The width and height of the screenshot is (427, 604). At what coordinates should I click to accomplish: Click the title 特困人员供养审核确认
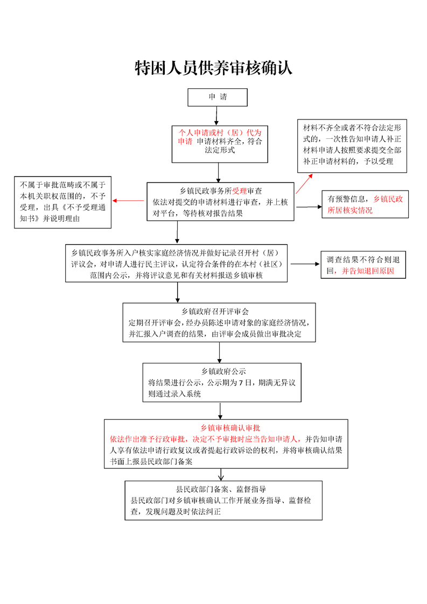tap(213, 68)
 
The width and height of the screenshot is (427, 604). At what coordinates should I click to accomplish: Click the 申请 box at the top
tap(218, 97)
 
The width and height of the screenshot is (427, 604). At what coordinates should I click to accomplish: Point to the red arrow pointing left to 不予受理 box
tap(128, 201)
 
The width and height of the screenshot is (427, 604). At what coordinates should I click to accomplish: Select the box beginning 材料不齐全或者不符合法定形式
tap(352, 145)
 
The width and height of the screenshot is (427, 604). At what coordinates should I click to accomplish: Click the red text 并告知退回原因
tap(368, 271)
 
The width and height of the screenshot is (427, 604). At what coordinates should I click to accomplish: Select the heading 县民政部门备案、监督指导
tap(221, 489)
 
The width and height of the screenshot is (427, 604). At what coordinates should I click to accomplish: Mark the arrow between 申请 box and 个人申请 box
tap(216, 115)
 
